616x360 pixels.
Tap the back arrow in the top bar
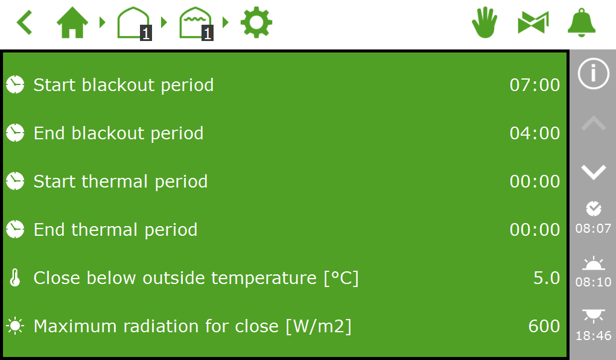[24, 23]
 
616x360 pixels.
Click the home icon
[72, 23]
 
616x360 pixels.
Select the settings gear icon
[256, 22]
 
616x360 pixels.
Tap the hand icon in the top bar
[484, 22]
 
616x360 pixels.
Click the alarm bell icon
[582, 23]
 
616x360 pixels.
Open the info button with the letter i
[593, 74]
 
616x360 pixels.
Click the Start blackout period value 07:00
[535, 85]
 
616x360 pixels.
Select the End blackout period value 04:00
[535, 133]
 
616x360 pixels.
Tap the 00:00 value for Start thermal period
[535, 182]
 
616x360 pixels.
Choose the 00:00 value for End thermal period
[535, 230]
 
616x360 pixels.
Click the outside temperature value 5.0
[547, 278]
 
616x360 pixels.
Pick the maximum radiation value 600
[544, 326]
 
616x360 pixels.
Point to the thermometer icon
[15, 277]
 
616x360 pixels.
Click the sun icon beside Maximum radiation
[15, 326]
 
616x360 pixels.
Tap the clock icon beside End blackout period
[15, 133]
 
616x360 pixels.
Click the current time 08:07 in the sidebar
[593, 229]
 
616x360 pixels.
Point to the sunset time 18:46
[593, 336]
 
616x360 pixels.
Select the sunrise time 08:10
[593, 282]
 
